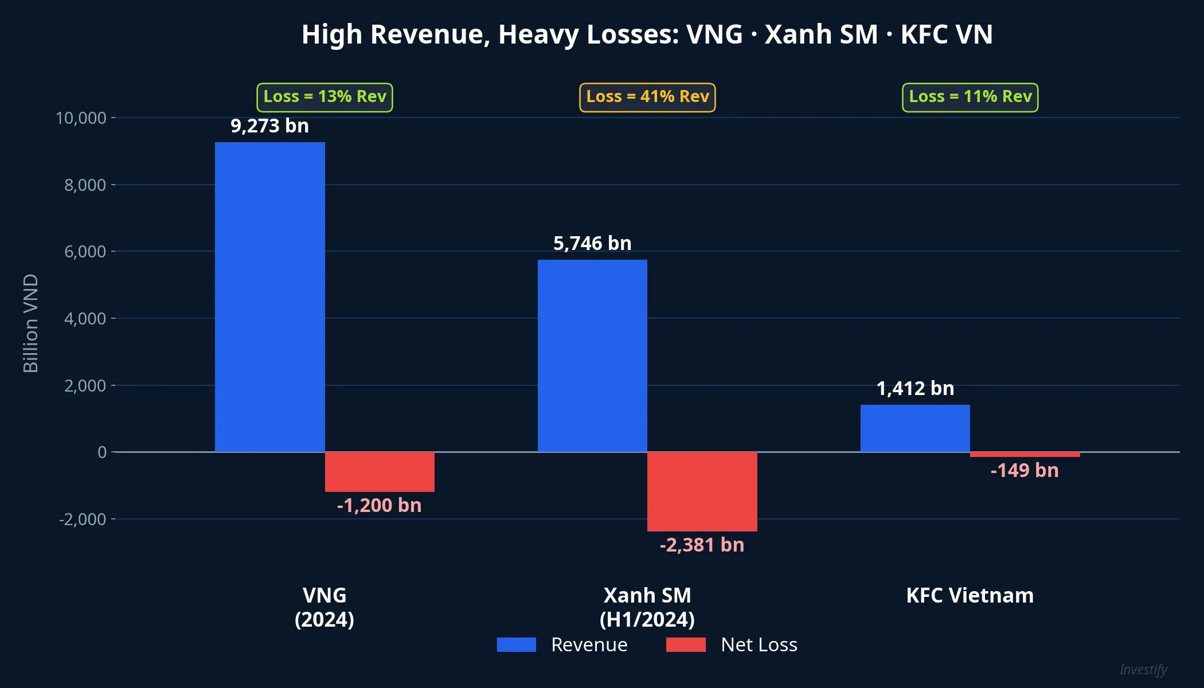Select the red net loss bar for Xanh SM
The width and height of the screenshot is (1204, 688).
tap(702, 491)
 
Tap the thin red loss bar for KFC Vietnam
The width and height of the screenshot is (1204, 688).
tap(1025, 455)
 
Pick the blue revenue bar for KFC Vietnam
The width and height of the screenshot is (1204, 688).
tap(915, 428)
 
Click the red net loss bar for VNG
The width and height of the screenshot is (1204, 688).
tap(380, 472)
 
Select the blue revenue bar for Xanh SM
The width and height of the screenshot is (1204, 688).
tap(592, 355)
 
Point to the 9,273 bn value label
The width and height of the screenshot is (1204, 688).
tap(269, 126)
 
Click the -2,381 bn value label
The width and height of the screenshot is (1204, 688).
tap(702, 545)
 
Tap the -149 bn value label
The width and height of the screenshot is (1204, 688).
tap(1025, 470)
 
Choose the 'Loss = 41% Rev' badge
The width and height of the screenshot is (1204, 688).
tap(647, 97)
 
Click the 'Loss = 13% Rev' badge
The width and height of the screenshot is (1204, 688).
tap(325, 97)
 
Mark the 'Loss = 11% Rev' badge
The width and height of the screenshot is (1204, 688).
tap(970, 97)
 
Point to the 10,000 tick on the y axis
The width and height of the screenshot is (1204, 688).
tap(81, 118)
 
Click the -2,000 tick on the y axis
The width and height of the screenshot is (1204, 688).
tap(83, 519)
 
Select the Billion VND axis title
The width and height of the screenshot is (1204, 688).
tap(30, 323)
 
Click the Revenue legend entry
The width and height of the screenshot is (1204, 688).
tap(562, 644)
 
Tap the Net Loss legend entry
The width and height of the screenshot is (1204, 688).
tap(732, 644)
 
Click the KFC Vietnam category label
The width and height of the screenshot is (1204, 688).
tap(970, 595)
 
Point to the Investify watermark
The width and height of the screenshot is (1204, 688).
tap(1143, 670)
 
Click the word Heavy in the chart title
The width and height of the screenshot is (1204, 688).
tap(539, 34)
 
